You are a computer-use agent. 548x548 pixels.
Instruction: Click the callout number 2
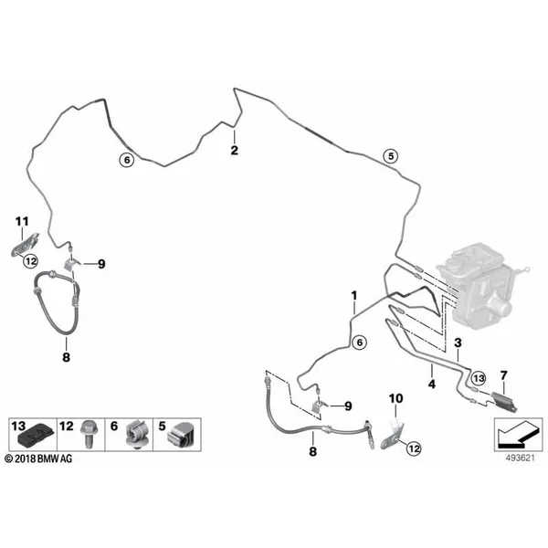click(x=234, y=151)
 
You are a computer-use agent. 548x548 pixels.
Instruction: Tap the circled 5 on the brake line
click(x=391, y=156)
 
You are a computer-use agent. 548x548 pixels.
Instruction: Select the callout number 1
click(x=354, y=296)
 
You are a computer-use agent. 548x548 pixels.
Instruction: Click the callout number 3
click(x=458, y=342)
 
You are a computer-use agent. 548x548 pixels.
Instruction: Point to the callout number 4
click(x=432, y=385)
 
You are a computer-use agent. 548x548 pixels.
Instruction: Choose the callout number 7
click(x=503, y=375)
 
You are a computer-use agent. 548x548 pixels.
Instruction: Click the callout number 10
click(x=395, y=398)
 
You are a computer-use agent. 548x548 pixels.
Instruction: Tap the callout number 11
click(x=22, y=221)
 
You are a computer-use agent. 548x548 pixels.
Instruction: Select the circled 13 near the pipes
click(x=479, y=378)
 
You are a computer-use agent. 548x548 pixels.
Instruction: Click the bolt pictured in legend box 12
click(x=87, y=434)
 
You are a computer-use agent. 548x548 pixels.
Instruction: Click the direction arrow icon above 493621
click(x=518, y=434)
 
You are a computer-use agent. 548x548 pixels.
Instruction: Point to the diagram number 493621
click(x=521, y=458)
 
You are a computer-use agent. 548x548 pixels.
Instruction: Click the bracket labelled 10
click(x=393, y=434)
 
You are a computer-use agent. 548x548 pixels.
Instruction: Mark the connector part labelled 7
click(x=504, y=401)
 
